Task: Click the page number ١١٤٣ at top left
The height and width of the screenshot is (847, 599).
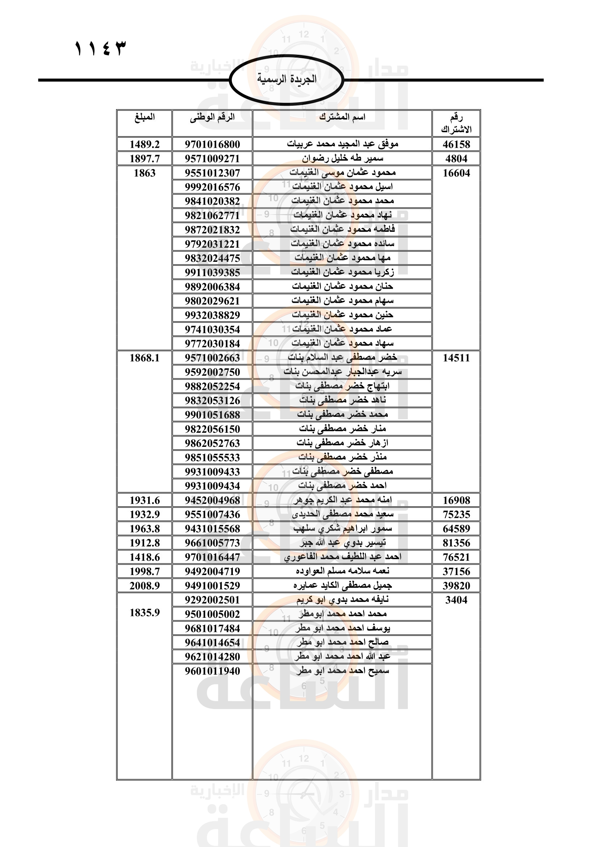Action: pyautogui.click(x=100, y=49)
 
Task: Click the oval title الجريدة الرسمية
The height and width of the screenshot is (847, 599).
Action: pyautogui.click(x=286, y=79)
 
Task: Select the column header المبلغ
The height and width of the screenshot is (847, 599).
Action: pyautogui.click(x=144, y=117)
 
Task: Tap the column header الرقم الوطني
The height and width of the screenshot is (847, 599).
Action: pyautogui.click(x=212, y=117)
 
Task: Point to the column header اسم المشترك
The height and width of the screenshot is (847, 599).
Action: pyautogui.click(x=342, y=117)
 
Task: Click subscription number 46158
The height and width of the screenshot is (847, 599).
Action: pyautogui.click(x=456, y=144)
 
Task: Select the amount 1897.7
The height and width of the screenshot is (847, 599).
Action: pyautogui.click(x=144, y=159)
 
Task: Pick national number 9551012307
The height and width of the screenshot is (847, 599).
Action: pyautogui.click(x=212, y=173)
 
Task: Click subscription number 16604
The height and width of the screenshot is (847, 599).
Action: pyautogui.click(x=456, y=173)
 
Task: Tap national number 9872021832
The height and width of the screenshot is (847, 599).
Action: pyautogui.click(x=212, y=230)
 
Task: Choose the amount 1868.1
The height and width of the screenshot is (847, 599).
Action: pyautogui.click(x=144, y=358)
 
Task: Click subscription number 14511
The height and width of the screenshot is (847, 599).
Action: pyautogui.click(x=456, y=358)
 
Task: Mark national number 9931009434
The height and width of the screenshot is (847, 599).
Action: pyautogui.click(x=212, y=486)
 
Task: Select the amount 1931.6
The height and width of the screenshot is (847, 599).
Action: pyautogui.click(x=144, y=500)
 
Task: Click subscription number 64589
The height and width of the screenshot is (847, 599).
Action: pyautogui.click(x=456, y=529)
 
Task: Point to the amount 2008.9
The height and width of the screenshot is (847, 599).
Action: pyautogui.click(x=144, y=586)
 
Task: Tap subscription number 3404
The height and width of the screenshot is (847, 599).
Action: pyautogui.click(x=456, y=600)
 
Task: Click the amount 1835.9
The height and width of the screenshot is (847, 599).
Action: pyautogui.click(x=144, y=613)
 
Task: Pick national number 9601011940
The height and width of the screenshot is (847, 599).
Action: pyautogui.click(x=212, y=671)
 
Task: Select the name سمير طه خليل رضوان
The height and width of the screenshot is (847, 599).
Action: pyautogui.click(x=343, y=159)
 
